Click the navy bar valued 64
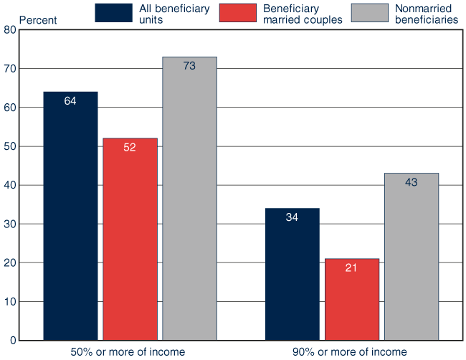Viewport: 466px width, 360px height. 70,215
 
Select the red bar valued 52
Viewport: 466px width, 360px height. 130,239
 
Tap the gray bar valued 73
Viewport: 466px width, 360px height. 189,198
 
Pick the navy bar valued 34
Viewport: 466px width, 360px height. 292,274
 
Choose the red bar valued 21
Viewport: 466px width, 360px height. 351,299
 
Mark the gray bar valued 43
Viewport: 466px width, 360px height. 411,256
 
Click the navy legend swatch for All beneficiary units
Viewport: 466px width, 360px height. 113,13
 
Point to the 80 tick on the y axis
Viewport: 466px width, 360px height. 9,30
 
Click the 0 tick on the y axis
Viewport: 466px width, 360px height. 12,341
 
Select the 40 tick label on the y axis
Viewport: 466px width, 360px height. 9,186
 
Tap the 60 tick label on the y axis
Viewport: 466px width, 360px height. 9,108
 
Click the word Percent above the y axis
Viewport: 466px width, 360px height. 37,20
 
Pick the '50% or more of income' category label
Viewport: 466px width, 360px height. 128,351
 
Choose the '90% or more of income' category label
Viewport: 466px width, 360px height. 349,351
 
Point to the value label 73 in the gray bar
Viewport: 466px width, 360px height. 189,66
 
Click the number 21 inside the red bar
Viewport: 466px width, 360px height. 351,268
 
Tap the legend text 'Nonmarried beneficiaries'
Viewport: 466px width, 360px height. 427,14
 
